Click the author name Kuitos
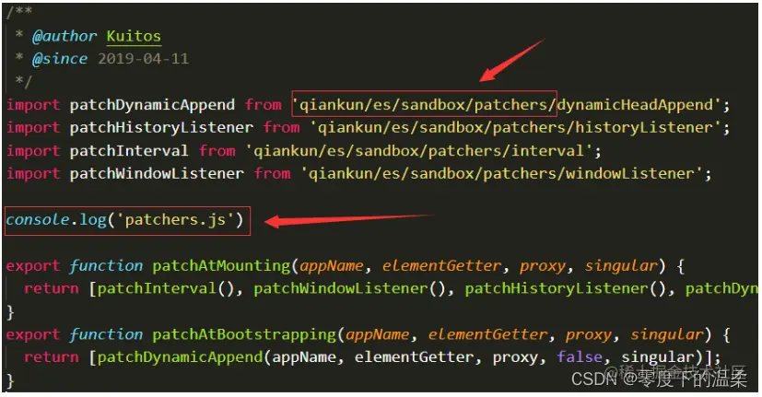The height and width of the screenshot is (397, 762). click(134, 37)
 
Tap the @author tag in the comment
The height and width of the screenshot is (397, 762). click(64, 37)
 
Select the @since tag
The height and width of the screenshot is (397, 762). click(60, 59)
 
